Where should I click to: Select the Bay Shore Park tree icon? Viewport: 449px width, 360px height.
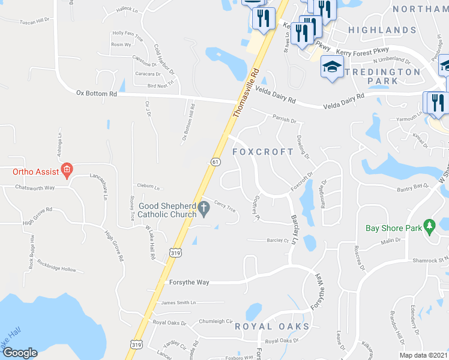[x=429, y=226]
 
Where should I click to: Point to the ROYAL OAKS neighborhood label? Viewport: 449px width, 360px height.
[x=272, y=326]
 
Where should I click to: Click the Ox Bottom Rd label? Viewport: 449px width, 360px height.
[x=96, y=94]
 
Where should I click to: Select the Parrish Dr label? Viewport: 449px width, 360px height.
[x=285, y=120]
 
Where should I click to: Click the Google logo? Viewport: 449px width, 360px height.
[x=20, y=353]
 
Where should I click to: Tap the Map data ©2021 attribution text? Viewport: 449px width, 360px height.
[x=424, y=355]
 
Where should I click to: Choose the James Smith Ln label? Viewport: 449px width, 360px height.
[x=178, y=303]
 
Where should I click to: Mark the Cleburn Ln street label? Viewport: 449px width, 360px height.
[x=149, y=186]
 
